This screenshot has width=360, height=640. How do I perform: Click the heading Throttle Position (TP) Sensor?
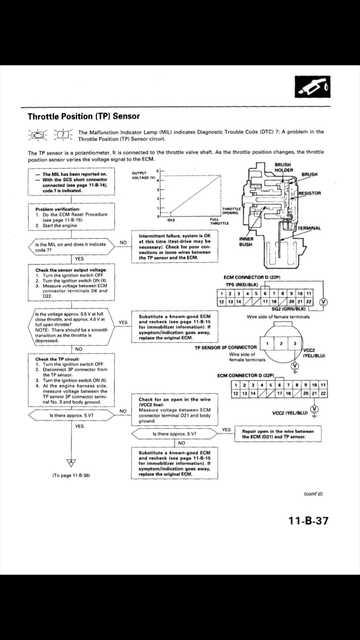pos(84,116)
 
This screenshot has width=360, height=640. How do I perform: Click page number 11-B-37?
pos(309,520)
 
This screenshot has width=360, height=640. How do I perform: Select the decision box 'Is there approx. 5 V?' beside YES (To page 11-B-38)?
pos(72,415)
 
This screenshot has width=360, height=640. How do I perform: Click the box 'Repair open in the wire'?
pos(277,434)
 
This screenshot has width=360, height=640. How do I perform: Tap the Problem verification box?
pos(72,217)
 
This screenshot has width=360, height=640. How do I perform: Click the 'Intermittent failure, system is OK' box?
pos(174,247)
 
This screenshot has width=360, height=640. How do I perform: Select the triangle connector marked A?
pos(72,462)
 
